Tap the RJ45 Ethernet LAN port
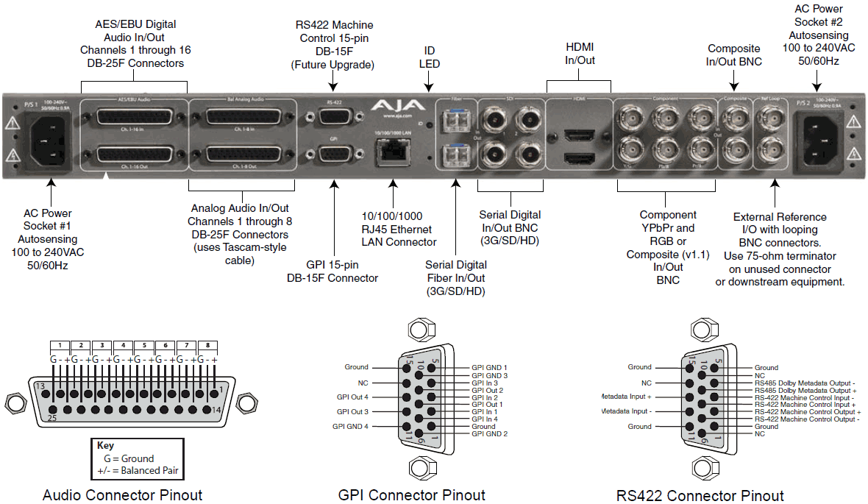click(x=392, y=151)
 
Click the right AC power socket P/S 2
click(x=821, y=138)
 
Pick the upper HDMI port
click(x=577, y=135)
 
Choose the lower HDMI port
click(x=577, y=158)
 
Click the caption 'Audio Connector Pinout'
click(x=122, y=494)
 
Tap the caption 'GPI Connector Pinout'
click(x=411, y=494)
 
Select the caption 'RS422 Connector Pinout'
click(x=700, y=495)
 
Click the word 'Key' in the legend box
click(x=105, y=445)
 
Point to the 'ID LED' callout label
click(x=430, y=57)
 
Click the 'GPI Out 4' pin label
click(x=352, y=397)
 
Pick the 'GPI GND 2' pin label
click(x=489, y=434)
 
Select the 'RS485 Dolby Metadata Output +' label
click(x=805, y=390)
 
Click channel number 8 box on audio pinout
click(x=208, y=344)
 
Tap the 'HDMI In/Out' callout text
click(x=580, y=53)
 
